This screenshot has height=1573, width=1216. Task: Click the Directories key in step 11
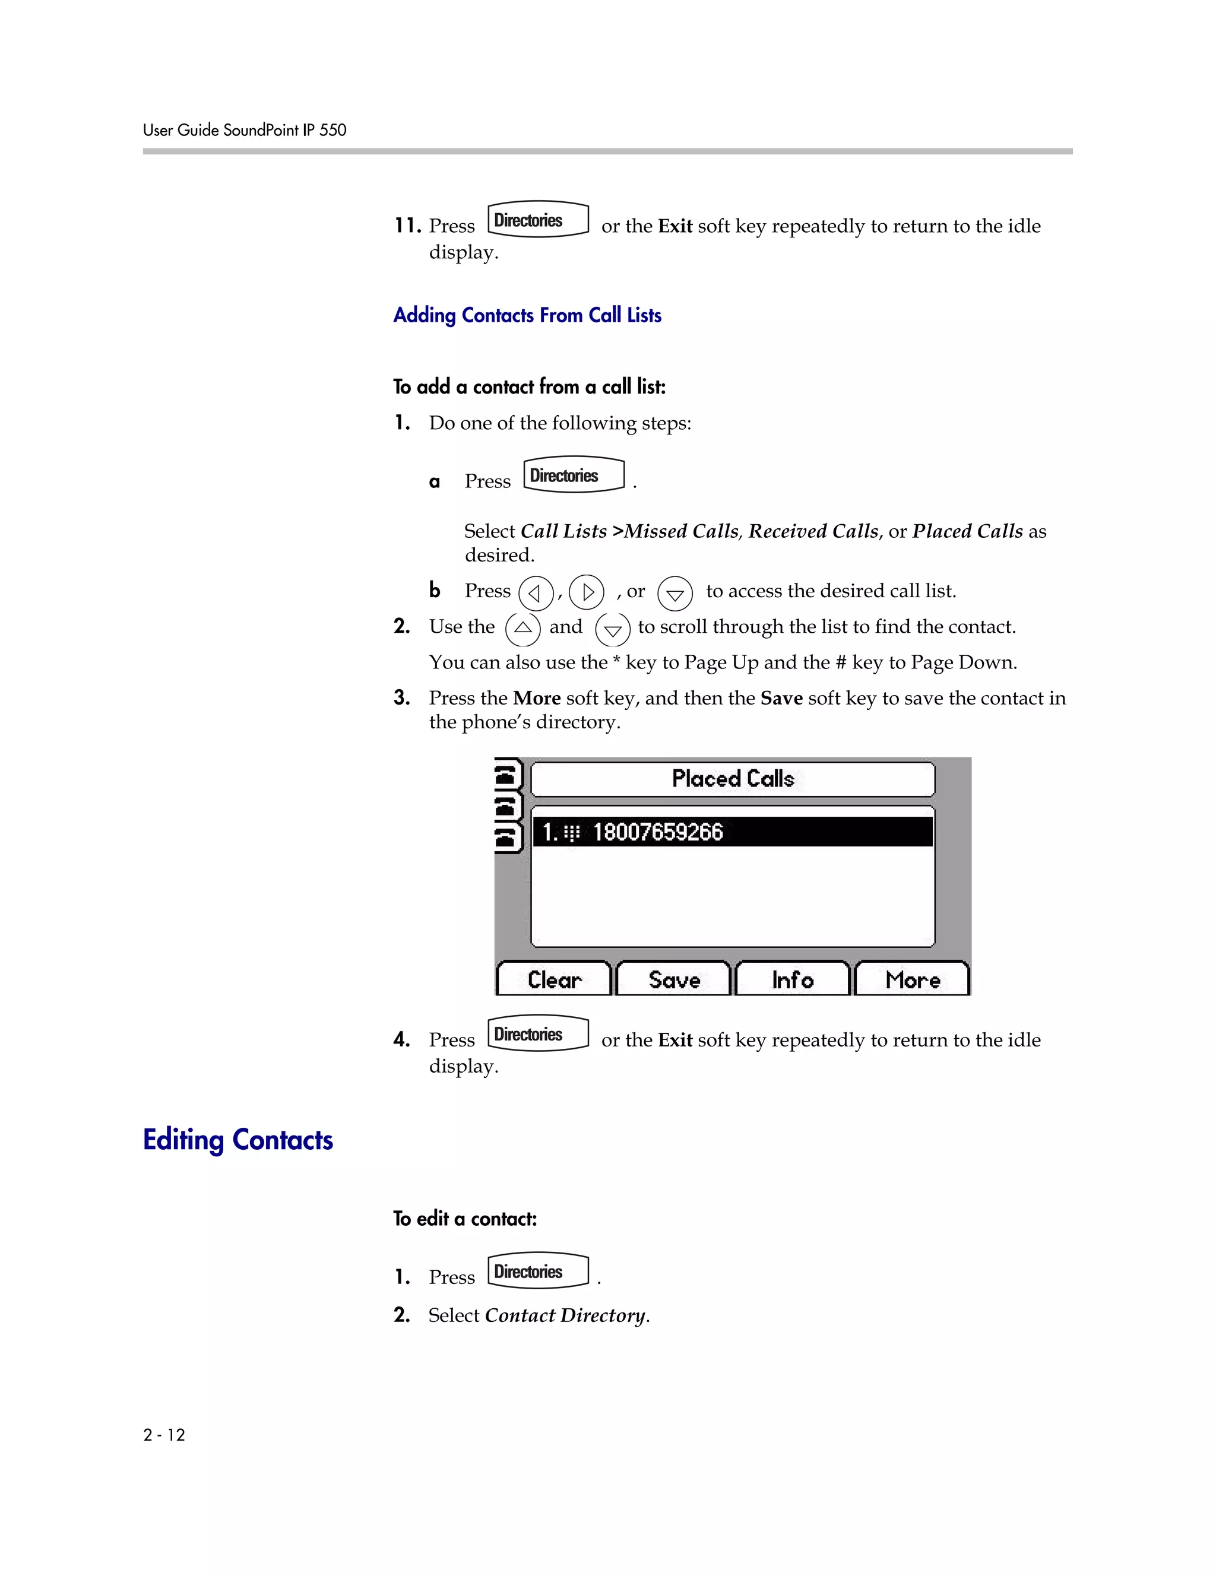pos(538,219)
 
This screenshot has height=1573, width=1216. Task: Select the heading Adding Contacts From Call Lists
pos(527,315)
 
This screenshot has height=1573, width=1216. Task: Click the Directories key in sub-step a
pos(574,475)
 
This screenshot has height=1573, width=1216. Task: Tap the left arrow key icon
pos(535,594)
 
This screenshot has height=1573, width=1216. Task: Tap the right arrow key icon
pos(587,592)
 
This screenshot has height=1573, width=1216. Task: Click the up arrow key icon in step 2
pos(522,629)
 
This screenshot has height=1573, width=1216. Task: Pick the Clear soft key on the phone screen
pos(553,979)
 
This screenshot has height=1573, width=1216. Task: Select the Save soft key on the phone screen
pos(673,979)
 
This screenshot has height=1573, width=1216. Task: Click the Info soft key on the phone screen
pos(793,979)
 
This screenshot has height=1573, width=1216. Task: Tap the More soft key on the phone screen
pos(912,979)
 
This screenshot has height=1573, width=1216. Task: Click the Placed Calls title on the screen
pos(733,779)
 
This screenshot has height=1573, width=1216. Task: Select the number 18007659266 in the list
pos(657,832)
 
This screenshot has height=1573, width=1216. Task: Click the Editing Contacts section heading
pos(237,1140)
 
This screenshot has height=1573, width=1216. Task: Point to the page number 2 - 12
pos(164,1435)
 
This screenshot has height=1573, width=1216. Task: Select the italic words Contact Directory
pos(565,1315)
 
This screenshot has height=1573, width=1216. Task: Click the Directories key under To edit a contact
pos(538,1271)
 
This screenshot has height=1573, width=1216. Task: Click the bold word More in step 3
pos(537,698)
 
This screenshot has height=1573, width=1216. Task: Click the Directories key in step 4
pos(538,1033)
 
